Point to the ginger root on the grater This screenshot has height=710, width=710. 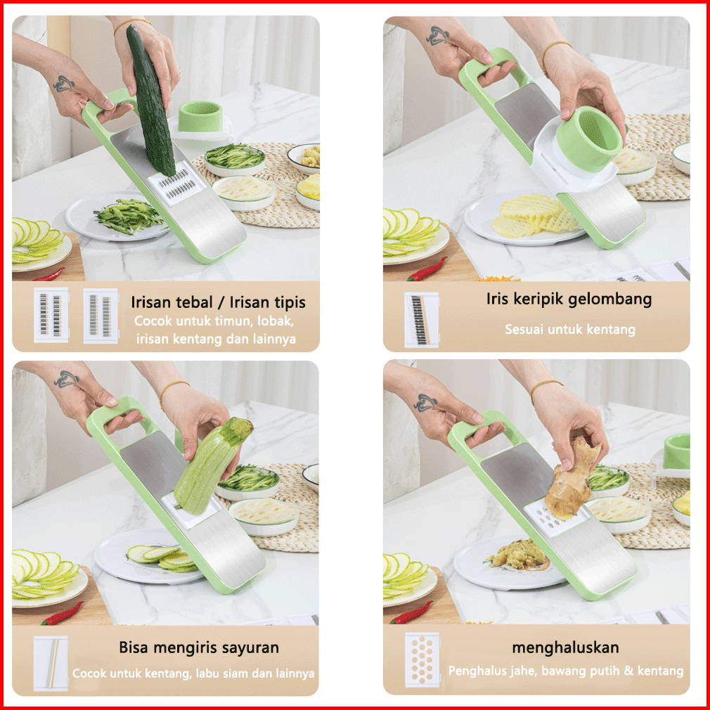[572, 481]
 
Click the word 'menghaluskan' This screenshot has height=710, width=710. [565, 647]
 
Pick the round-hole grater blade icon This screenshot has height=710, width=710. [422, 659]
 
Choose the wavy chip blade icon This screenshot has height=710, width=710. [422, 320]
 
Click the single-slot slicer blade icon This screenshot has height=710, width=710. [51, 664]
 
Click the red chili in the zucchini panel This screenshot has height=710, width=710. [62, 614]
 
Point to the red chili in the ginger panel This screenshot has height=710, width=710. [411, 613]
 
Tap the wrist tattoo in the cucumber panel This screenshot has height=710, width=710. [63, 84]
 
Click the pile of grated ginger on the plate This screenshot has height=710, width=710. [517, 554]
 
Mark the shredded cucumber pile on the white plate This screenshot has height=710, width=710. [129, 217]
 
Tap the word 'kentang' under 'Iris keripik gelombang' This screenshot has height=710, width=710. [613, 329]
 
